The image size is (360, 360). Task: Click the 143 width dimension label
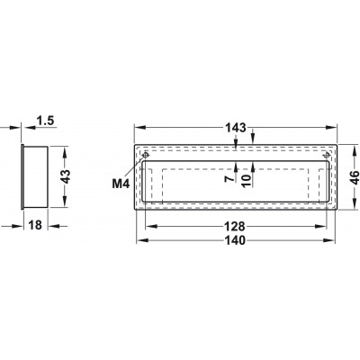(236, 128)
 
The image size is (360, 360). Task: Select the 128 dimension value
(236, 227)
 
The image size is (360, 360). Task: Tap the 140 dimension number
(236, 240)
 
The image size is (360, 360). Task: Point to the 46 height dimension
(355, 177)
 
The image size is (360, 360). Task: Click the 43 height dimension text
(65, 176)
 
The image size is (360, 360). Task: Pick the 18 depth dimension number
(35, 225)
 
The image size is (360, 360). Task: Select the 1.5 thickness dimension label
(45, 121)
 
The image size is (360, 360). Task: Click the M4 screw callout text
(121, 184)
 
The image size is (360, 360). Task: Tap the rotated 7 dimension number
(229, 179)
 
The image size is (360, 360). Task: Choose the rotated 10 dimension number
(246, 181)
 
